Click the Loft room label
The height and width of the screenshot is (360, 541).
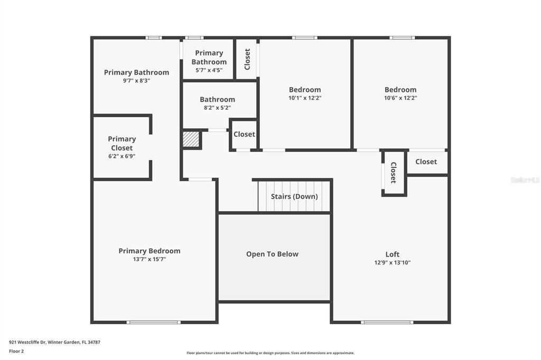[x=393, y=254]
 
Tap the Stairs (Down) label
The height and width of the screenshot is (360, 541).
[x=294, y=196]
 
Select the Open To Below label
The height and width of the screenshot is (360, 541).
[x=272, y=254]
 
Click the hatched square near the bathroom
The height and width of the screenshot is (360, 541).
[x=191, y=139]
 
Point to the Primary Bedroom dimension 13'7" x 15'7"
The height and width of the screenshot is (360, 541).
[x=150, y=259]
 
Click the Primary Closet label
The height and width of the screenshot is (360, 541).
[x=122, y=144]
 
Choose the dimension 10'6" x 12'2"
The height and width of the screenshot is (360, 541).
[x=400, y=98]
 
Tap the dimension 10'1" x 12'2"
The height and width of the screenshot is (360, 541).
[x=305, y=98]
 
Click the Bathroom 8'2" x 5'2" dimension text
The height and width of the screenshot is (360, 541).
[x=217, y=108]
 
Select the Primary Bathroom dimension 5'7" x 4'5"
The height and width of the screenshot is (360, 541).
[x=209, y=70]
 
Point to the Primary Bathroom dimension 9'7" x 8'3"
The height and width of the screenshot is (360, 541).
[x=137, y=81]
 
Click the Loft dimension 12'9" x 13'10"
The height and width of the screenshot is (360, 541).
[x=393, y=263]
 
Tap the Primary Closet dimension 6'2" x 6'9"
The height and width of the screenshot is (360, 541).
[x=122, y=156]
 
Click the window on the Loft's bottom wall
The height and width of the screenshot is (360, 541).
[x=387, y=323]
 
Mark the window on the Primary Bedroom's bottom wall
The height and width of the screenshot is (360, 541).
[x=154, y=323]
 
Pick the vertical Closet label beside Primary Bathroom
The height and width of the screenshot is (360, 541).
[x=247, y=59]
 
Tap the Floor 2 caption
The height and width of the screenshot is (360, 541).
[x=16, y=352]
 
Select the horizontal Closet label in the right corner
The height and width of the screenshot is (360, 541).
[x=426, y=162]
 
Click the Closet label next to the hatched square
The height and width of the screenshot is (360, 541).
[x=244, y=134]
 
